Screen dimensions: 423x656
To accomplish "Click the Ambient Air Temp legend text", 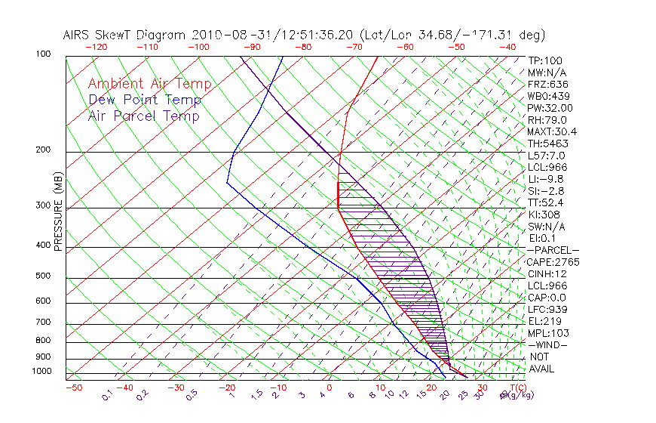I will (x=150, y=84).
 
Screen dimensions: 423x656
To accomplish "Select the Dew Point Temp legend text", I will (x=145, y=100).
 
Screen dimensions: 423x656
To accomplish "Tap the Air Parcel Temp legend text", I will (x=144, y=116).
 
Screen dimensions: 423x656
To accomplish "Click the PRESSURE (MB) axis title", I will (x=59, y=215).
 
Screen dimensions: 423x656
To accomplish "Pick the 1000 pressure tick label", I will (x=42, y=372).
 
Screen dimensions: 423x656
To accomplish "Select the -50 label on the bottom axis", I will (x=73, y=387).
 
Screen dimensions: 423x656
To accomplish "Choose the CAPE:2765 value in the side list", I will (x=553, y=261).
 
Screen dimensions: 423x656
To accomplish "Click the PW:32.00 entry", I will (x=550, y=108).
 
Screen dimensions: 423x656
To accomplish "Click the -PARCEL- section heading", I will (x=553, y=250).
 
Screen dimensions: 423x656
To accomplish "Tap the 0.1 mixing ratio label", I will (x=108, y=394).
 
